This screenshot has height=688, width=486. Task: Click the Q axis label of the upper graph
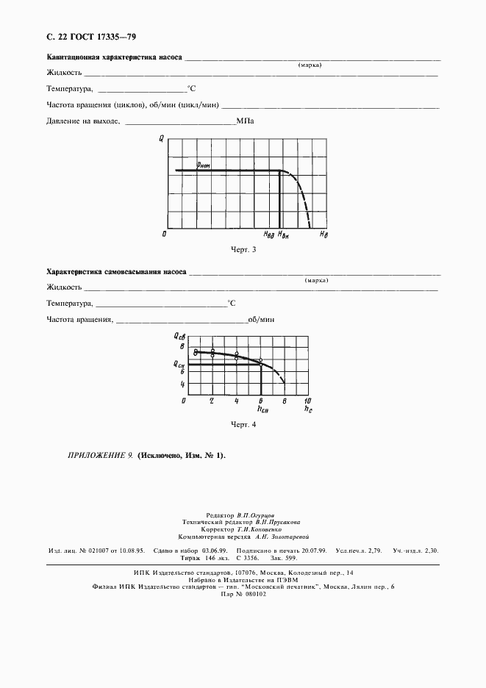pos(161,138)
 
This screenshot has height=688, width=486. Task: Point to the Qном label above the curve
pos(204,166)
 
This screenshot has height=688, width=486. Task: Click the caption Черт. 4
pos(243,424)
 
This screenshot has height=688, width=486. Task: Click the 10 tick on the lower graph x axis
pos(308,401)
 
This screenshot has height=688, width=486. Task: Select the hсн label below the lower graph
pos(262,408)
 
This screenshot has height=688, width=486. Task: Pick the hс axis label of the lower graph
pos(308,409)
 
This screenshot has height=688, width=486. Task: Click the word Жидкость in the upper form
pos(63,72)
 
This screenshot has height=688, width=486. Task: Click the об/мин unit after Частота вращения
pos(261,319)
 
